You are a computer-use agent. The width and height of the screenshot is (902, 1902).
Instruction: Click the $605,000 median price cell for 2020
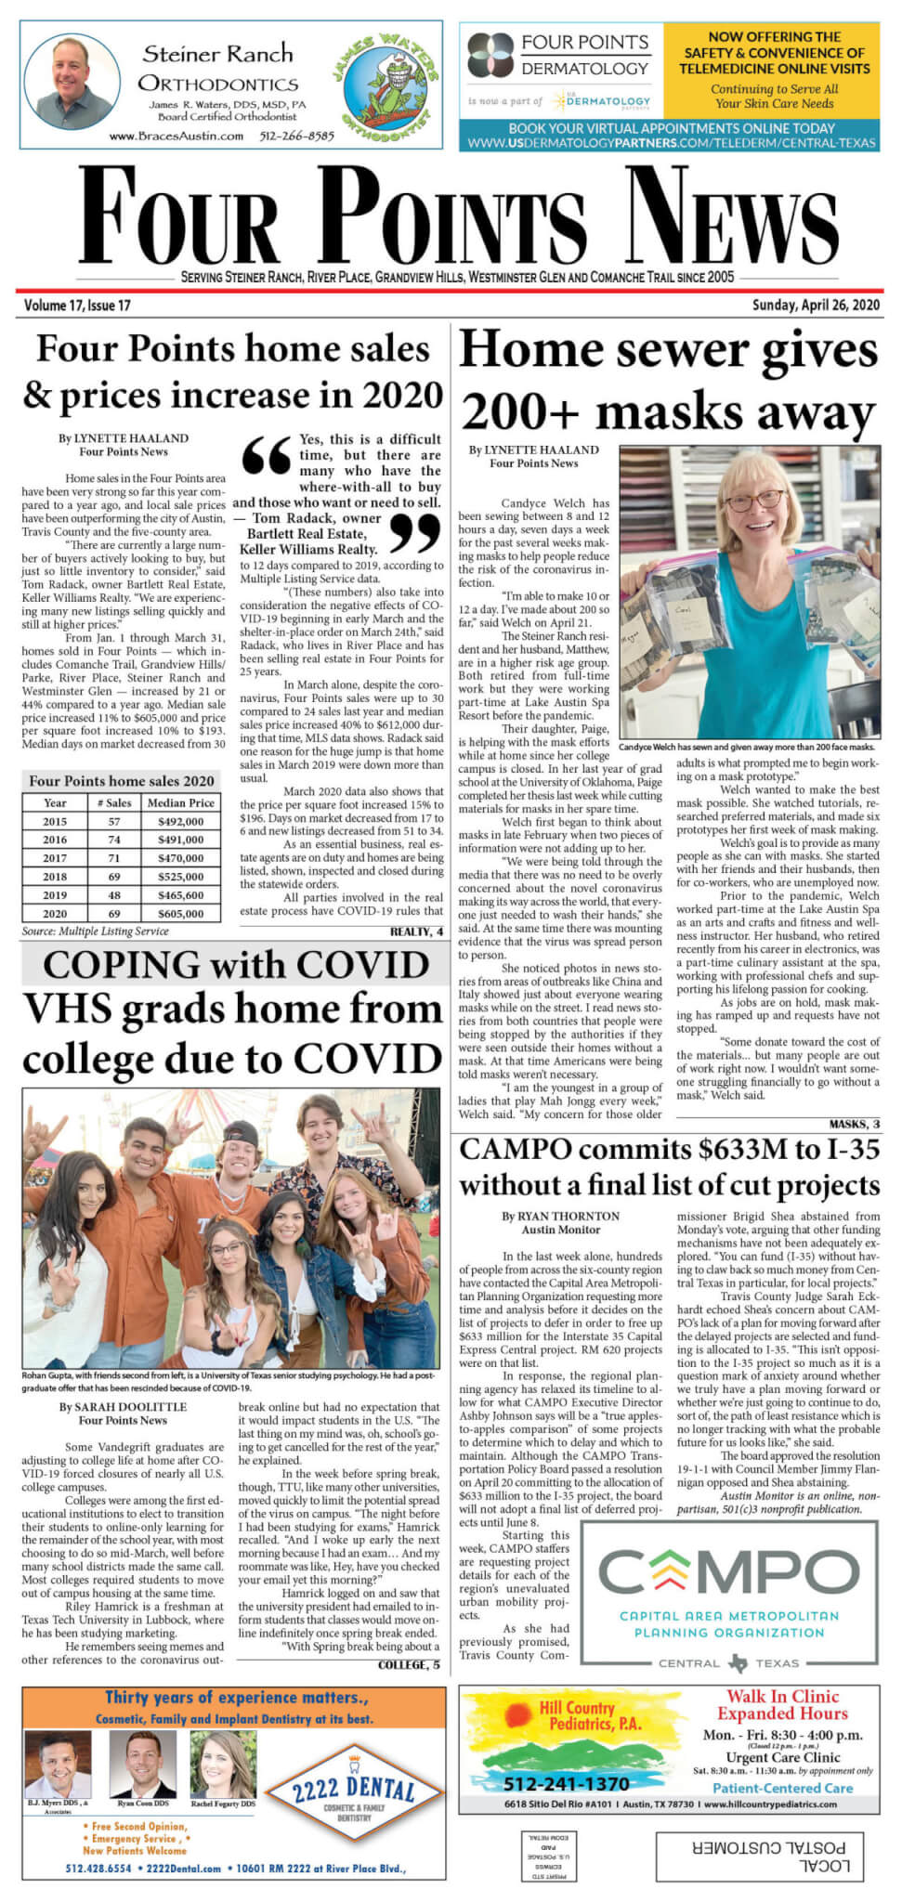[180, 914]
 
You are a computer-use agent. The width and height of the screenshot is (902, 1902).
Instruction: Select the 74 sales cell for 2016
[114, 840]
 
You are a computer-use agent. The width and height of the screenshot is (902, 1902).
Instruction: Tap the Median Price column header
[180, 802]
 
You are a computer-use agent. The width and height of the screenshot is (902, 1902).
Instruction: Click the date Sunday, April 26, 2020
[816, 305]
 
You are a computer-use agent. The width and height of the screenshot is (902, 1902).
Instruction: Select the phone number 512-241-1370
[566, 1783]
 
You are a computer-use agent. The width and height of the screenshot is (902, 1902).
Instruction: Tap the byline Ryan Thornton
[560, 1216]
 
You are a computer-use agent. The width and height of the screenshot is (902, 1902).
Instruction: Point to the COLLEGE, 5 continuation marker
[409, 1665]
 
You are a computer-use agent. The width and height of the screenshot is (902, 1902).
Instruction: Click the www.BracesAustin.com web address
[176, 136]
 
